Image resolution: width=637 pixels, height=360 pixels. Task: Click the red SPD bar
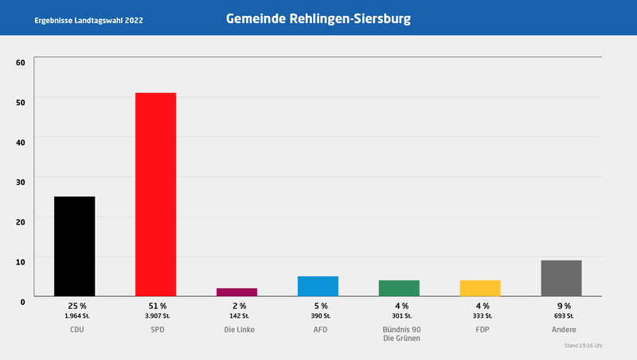point(155,194)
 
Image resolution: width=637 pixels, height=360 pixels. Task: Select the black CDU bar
point(74,246)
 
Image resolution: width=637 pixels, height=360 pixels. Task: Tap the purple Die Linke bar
point(236,292)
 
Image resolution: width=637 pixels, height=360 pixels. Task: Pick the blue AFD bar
point(318,286)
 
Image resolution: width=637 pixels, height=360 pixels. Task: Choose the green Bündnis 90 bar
point(399,288)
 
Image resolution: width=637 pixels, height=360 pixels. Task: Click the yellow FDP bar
point(480,288)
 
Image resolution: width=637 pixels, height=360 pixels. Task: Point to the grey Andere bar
point(561,278)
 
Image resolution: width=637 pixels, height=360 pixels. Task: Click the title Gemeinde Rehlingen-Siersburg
point(318,18)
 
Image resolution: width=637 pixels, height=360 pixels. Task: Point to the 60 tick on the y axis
point(21,62)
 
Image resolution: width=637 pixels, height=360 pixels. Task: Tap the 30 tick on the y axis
point(21,181)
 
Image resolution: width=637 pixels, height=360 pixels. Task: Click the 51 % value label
point(156,306)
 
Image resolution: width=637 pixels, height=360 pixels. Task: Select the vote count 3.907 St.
point(156,315)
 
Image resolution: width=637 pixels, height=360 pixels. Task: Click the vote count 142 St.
point(237,315)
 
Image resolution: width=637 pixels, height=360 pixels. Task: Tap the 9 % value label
point(562,306)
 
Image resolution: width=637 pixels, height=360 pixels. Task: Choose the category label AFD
point(318,330)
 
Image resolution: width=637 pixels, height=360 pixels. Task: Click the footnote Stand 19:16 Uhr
point(583,346)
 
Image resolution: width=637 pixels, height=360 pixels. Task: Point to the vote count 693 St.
point(562,315)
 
